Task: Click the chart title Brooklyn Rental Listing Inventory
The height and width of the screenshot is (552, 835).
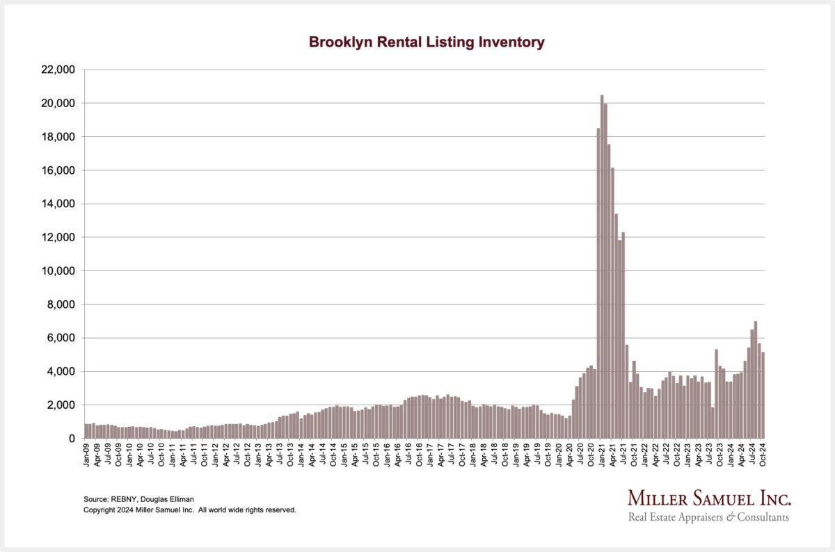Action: (426, 42)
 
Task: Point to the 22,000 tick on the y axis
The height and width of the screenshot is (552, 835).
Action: (58, 70)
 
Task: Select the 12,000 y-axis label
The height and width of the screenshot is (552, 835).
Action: (58, 237)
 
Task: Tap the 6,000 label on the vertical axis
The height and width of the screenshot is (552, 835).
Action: (62, 338)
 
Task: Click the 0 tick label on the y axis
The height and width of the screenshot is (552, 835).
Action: (71, 439)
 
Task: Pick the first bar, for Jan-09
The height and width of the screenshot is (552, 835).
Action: (86, 431)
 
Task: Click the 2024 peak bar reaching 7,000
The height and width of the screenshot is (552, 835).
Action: (756, 380)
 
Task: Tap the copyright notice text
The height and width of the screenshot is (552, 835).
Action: (190, 510)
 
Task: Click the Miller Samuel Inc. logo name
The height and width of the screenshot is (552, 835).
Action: (709, 498)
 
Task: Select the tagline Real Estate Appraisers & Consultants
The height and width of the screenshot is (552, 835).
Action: (708, 517)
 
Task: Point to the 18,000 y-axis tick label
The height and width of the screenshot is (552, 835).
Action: (58, 137)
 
